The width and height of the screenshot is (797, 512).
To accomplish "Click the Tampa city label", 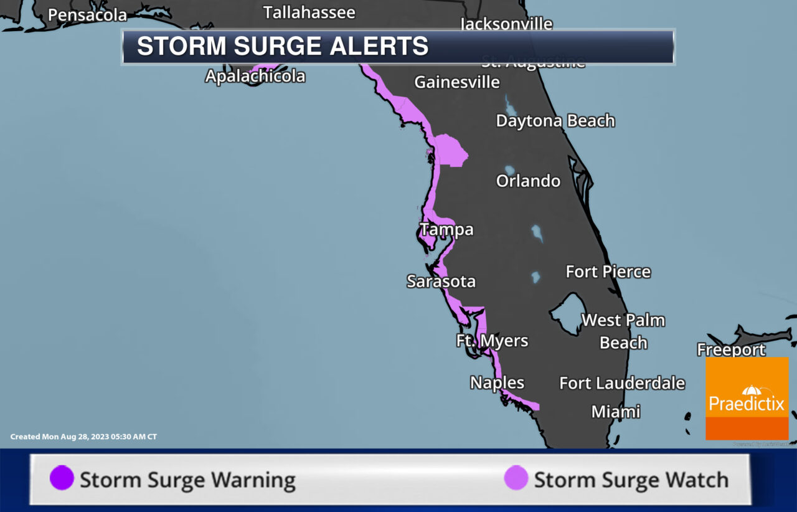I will click(x=446, y=230).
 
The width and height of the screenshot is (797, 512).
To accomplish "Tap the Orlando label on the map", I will click(x=528, y=181).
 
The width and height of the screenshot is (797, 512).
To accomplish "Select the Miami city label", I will click(x=615, y=412).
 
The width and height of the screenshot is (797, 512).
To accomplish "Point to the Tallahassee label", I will click(x=309, y=12).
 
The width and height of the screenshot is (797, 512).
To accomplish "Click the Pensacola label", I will click(x=87, y=15).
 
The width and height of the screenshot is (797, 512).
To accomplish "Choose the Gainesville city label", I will click(x=457, y=82).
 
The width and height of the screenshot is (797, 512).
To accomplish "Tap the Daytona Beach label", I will click(x=555, y=121).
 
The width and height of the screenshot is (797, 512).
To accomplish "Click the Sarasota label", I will click(x=441, y=282).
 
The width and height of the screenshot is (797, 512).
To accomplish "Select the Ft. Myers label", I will click(x=492, y=341).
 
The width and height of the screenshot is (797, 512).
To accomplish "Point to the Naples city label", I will click(x=497, y=382).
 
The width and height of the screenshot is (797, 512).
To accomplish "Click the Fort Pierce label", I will click(x=608, y=272).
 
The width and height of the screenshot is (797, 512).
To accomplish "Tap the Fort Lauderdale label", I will click(x=621, y=383).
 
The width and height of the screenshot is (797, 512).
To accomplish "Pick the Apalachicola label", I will click(x=255, y=77).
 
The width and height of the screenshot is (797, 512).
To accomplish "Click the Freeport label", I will click(x=731, y=349).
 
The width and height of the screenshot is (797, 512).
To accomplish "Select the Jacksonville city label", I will click(x=506, y=24).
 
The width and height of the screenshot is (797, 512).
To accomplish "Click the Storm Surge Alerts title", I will click(x=283, y=47).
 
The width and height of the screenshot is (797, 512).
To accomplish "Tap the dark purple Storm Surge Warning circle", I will click(x=62, y=479).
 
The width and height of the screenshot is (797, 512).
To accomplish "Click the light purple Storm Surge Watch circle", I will click(x=516, y=479).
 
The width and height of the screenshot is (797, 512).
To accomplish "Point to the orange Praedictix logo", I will click(x=747, y=399).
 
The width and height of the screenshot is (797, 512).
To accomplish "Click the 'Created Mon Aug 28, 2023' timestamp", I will click(x=83, y=437).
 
